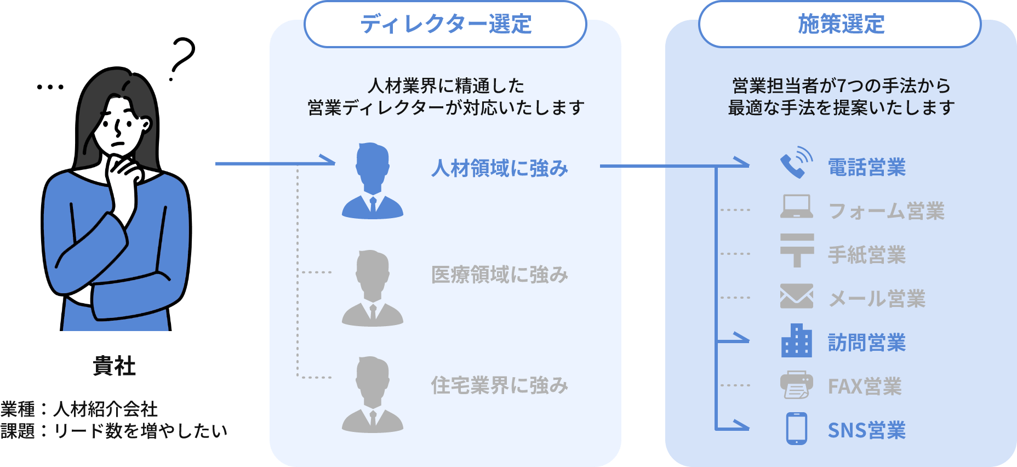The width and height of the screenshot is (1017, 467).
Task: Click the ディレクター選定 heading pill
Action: coord(445,24)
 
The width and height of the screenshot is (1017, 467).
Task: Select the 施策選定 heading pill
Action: coord(840,24)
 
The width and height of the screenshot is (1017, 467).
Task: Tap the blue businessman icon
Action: coord(373,181)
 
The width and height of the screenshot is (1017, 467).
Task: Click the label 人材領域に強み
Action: coord(499,168)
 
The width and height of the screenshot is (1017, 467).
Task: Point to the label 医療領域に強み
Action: coord(499,275)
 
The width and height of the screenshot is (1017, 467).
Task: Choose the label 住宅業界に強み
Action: coord(499,385)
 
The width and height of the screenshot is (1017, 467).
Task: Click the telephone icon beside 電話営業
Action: coord(796,163)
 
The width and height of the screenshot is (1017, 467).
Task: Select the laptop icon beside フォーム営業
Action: coord(796,207)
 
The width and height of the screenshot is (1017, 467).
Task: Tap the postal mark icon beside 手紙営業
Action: coord(797,250)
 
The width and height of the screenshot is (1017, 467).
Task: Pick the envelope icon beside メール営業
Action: coord(797,297)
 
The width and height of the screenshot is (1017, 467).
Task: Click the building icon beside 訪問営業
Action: coord(797,341)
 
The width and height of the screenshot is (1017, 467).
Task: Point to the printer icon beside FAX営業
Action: coord(797,385)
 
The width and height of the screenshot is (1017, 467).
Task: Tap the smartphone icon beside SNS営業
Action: coord(797,429)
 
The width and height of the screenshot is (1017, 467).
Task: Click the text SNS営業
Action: coord(866,431)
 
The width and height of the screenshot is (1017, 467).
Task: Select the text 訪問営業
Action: coord(866,343)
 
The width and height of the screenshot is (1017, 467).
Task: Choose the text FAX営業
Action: coord(865,387)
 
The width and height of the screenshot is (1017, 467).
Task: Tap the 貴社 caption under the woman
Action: coord(114,366)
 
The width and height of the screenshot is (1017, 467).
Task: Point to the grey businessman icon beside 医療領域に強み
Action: coord(373,288)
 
